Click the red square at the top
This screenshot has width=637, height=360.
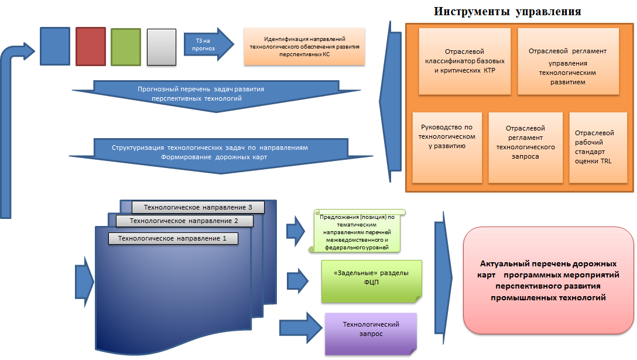[x=91, y=46]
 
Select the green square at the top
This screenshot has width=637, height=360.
[x=126, y=47]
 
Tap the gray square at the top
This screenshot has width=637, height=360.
[x=161, y=47]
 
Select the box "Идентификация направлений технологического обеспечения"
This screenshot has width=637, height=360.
[x=304, y=46]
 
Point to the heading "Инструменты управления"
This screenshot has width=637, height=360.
[x=508, y=11]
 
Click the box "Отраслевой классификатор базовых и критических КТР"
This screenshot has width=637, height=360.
[x=465, y=61]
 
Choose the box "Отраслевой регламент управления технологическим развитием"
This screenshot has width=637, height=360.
[x=568, y=61]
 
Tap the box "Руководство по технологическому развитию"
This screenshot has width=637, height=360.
[x=447, y=148]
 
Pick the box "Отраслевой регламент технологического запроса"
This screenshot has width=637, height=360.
[x=526, y=148]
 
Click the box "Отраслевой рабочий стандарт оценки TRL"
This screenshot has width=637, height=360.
[x=598, y=148]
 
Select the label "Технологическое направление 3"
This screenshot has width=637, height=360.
[x=198, y=207]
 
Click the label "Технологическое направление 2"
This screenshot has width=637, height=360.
[x=184, y=221]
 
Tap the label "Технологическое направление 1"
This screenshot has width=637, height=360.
[x=173, y=238]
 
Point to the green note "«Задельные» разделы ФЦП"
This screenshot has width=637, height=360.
[x=372, y=282]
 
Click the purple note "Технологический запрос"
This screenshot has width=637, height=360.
[x=371, y=334]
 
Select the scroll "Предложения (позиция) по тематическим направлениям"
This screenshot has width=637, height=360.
[x=357, y=231]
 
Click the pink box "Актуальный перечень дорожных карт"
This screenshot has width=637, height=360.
[x=549, y=280]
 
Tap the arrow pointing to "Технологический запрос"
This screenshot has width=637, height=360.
[x=300, y=327]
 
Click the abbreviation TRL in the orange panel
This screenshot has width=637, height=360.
[x=606, y=162]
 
